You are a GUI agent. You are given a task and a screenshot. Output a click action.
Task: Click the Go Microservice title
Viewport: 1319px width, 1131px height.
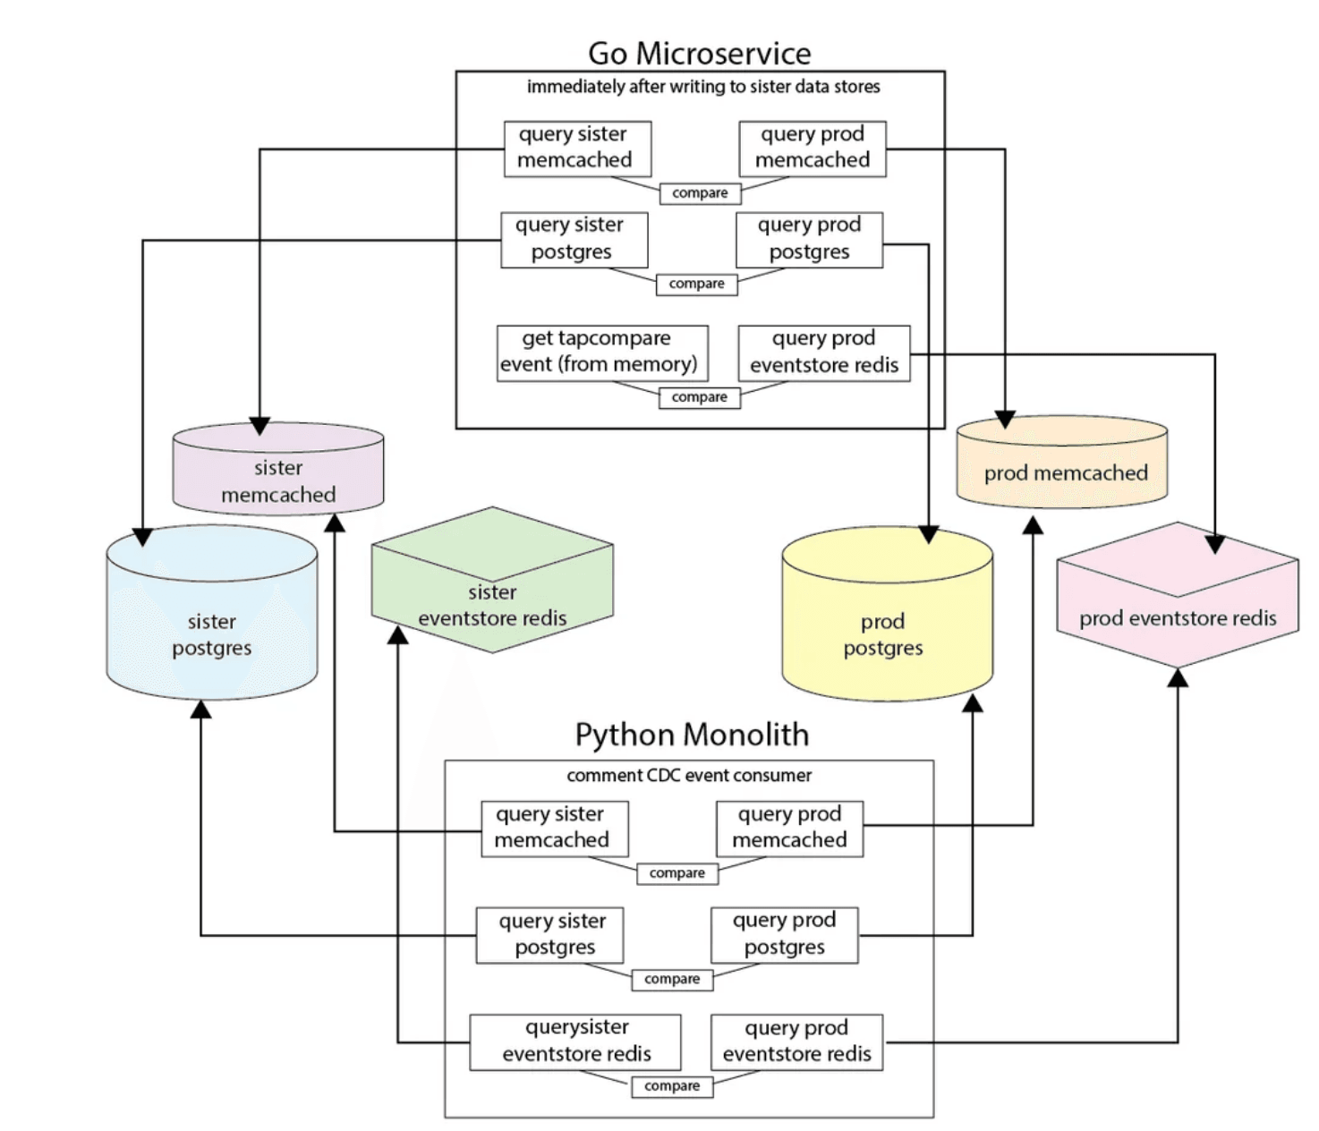tap(699, 54)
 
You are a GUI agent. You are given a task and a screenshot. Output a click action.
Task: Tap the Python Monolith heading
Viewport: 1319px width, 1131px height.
tap(691, 735)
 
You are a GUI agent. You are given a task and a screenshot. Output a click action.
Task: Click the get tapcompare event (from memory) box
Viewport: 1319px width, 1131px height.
tap(601, 352)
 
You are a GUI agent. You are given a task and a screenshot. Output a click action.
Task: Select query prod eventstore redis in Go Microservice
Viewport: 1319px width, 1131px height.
tap(823, 352)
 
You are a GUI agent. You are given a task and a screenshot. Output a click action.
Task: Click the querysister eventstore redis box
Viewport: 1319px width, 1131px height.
tap(575, 1041)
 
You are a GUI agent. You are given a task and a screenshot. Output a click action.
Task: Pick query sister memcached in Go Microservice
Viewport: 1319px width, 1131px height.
tap(576, 148)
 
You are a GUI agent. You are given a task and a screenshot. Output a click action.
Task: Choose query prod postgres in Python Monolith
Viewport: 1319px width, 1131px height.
tap(784, 934)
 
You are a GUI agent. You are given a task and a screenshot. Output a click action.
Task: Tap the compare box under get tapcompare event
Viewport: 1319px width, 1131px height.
tap(699, 397)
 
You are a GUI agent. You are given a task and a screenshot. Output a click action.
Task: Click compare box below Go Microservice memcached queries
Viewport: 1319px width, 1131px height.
tap(700, 193)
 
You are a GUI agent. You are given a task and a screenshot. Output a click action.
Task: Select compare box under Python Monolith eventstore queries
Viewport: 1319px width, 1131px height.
tap(671, 1086)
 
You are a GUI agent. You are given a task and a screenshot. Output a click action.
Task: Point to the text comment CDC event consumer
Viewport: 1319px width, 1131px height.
tap(689, 776)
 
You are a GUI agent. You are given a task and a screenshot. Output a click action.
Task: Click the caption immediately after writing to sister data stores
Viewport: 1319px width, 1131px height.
tap(702, 87)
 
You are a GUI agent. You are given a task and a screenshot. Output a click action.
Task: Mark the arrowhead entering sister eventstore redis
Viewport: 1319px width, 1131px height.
tap(398, 634)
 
